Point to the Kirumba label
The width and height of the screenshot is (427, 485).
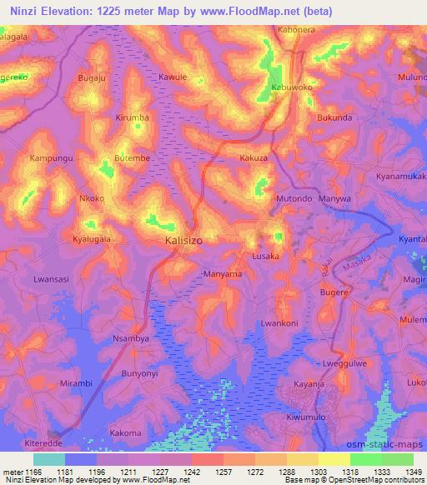point(133,117)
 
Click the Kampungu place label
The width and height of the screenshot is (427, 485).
point(52,157)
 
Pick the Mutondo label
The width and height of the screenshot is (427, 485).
point(294,200)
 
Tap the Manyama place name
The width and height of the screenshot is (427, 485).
point(223,273)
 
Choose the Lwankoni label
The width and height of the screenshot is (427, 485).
point(279,323)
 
